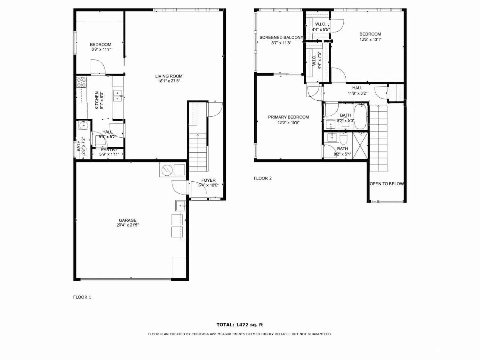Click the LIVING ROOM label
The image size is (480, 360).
[x=169, y=76]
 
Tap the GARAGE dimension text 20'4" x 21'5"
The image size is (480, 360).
[x=128, y=225]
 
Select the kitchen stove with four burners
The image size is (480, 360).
[x=81, y=82]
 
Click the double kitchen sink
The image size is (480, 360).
[x=118, y=96]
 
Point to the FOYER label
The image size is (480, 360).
[x=208, y=180]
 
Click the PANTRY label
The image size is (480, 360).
[x=109, y=150]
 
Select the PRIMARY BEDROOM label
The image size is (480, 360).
[x=288, y=117]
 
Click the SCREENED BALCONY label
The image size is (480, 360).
[x=281, y=37]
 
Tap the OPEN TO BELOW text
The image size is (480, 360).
[x=387, y=184]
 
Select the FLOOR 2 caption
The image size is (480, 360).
[x=262, y=178]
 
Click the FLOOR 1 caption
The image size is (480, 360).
[x=82, y=297]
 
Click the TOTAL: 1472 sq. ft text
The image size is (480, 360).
[x=240, y=325]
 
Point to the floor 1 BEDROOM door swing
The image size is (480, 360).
[x=98, y=67]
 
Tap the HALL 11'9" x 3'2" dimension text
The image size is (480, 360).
[x=357, y=93]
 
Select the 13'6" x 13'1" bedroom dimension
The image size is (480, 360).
[x=370, y=40]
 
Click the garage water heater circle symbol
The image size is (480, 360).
[x=166, y=170]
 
